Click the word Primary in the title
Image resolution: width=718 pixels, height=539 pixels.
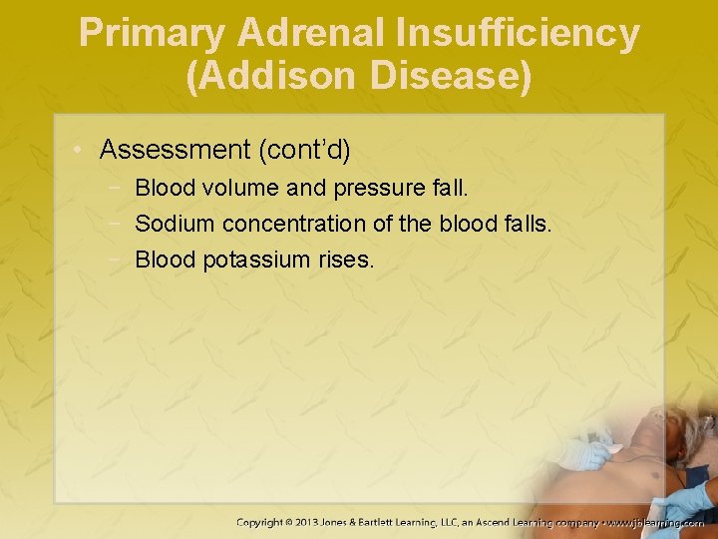coord(152,33)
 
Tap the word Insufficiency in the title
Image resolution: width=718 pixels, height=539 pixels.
coord(516,33)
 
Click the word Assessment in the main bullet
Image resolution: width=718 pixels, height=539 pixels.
coord(175,150)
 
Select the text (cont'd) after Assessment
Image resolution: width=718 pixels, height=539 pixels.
coord(304,150)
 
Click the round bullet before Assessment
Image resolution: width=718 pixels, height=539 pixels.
coord(79,151)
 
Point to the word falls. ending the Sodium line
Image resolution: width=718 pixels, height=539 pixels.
coord(523,224)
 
